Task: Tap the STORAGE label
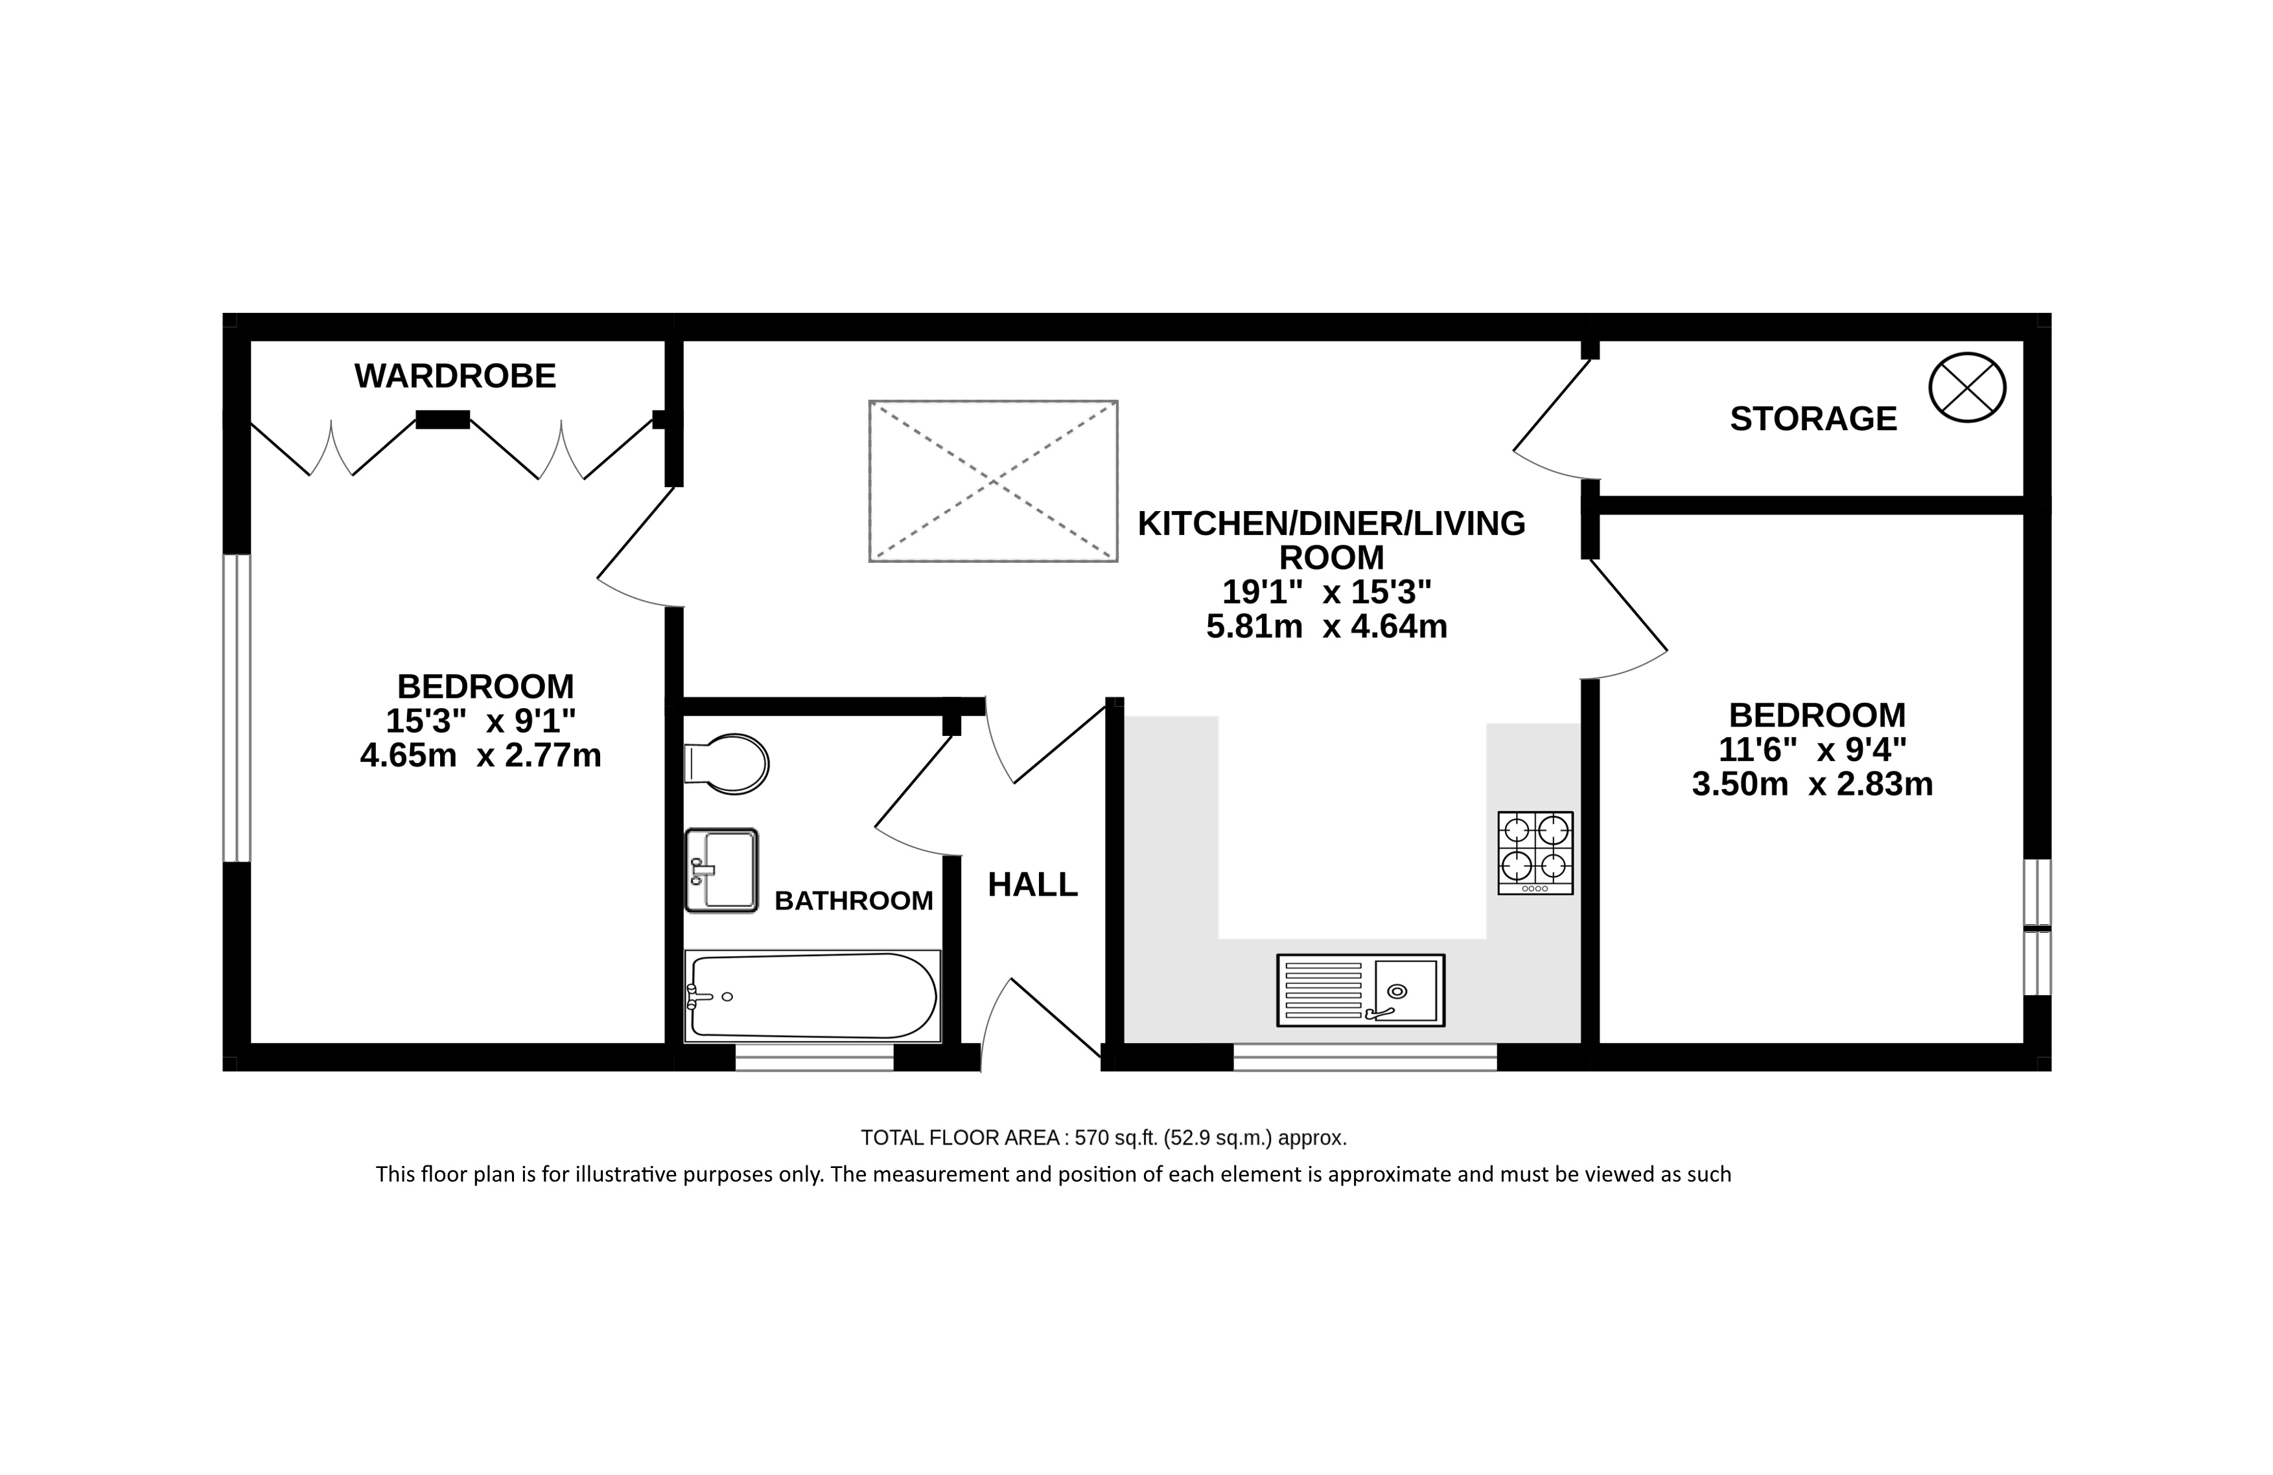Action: tap(1813, 418)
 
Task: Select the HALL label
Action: tap(1032, 885)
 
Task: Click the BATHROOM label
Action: tap(854, 900)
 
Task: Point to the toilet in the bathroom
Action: tap(727, 764)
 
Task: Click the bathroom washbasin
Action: tap(721, 870)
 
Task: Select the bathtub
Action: tap(811, 995)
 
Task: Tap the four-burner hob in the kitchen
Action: tap(1535, 852)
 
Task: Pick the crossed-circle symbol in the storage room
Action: tap(1967, 387)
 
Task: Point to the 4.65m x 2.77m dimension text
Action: tap(480, 755)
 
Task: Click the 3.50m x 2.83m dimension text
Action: tap(1812, 784)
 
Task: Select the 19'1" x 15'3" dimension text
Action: tap(1327, 592)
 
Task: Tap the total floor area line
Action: tap(1103, 1138)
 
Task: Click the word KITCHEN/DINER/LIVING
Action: tap(1331, 523)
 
